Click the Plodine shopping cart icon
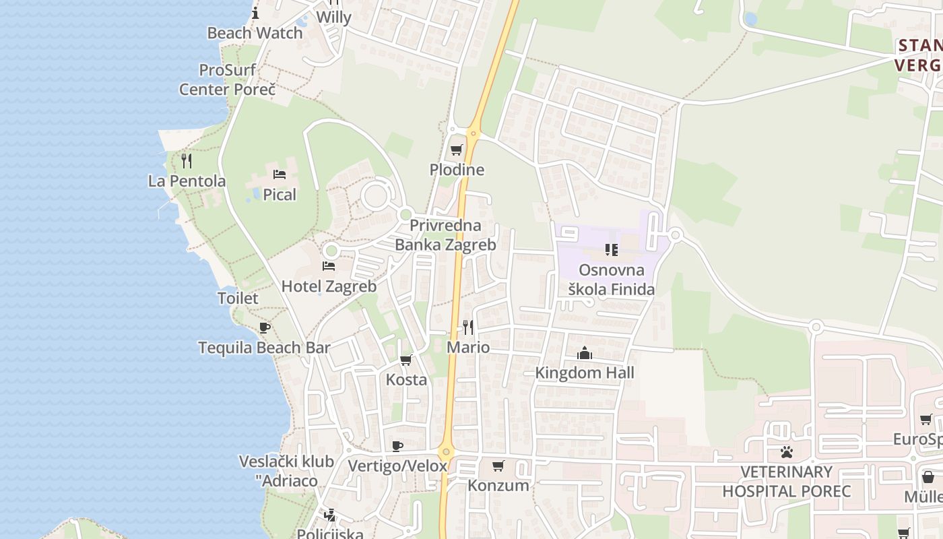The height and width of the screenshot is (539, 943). tap(457, 150)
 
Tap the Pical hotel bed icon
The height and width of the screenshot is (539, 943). tap(280, 175)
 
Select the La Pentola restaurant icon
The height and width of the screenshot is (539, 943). tap(187, 161)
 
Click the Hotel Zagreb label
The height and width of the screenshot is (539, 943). tap(329, 286)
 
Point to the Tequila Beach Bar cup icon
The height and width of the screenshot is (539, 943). tap(265, 328)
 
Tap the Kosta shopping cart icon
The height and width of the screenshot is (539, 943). tap(405, 360)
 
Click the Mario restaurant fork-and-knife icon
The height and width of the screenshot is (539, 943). tap(467, 327)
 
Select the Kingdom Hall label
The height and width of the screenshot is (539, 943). tap(585, 373)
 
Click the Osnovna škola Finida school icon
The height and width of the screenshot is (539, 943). tap(612, 250)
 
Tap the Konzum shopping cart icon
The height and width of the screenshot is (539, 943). tap(498, 466)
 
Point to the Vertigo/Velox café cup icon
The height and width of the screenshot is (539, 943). tap(397, 446)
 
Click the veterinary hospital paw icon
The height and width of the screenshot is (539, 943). tap(786, 451)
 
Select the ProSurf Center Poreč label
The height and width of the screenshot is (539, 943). tap(228, 80)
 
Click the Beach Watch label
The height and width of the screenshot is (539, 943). tap(255, 33)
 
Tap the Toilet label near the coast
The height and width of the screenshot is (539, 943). tap(238, 298)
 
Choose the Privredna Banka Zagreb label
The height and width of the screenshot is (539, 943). tap(445, 235)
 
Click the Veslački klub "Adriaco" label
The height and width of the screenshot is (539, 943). tap(287, 471)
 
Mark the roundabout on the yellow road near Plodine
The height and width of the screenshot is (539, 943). tap(474, 133)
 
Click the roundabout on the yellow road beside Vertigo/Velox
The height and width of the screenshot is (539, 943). tap(445, 452)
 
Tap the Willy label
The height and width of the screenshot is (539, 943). tap(333, 18)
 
